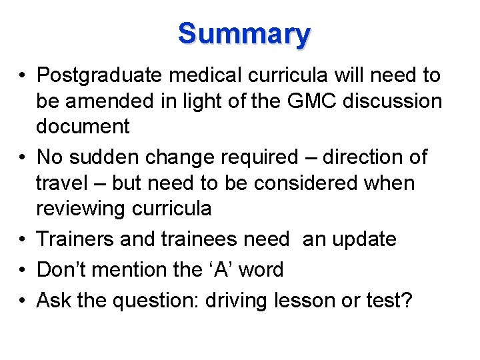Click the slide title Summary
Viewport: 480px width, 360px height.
click(244, 33)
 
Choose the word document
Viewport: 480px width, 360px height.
click(83, 126)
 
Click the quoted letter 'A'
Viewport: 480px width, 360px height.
click(222, 269)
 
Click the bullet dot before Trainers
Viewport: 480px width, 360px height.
click(23, 239)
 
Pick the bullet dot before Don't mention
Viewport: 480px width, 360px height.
click(23, 270)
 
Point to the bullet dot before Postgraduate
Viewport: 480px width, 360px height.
click(23, 76)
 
